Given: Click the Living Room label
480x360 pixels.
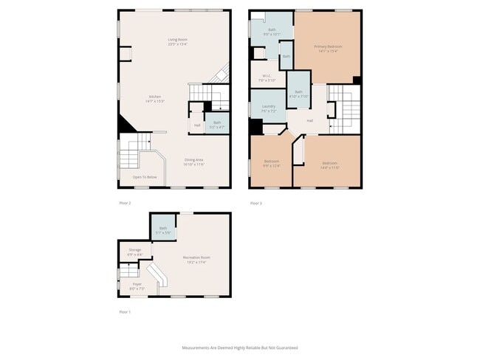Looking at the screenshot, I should point(178,39).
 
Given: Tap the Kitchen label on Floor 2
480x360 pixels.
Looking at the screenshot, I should point(154,97).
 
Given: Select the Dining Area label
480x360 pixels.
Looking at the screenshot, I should point(193,160).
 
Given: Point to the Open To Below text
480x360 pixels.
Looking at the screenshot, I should point(145,177).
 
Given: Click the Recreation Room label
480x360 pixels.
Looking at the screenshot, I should point(195,257).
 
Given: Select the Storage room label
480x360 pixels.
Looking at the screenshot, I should point(134,250).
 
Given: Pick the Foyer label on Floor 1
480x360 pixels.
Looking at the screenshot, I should point(137,284).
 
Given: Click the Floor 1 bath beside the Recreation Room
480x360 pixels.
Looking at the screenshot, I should point(162,229).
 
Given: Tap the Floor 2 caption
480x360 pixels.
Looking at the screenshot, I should point(125,202).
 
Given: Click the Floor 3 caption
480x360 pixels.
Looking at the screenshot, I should point(256,202).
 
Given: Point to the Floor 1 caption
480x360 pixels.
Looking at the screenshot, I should point(125,312).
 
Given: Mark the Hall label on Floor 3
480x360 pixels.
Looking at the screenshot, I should point(310,120).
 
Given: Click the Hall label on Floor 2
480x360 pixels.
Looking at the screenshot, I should point(197,125).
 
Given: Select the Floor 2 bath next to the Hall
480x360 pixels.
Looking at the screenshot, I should point(217,122).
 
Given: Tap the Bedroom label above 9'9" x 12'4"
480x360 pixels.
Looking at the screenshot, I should point(272,161).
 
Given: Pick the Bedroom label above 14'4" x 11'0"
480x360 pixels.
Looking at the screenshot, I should point(329,163).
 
